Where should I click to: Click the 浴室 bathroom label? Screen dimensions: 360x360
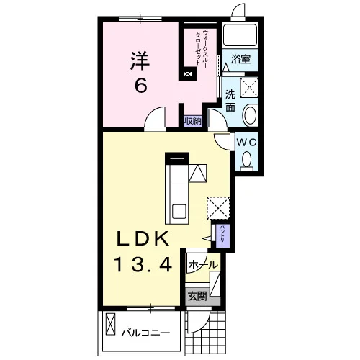coord(240,59)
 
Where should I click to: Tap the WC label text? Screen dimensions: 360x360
coord(247,143)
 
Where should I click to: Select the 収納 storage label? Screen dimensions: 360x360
coord(193,121)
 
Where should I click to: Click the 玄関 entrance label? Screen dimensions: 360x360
coord(197,296)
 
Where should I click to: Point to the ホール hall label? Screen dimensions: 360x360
coord(203,265)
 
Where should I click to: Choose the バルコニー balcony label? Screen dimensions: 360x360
coord(145,333)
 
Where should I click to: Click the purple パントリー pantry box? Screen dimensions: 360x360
coord(223,236)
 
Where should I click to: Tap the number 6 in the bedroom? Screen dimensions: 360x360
coord(140,86)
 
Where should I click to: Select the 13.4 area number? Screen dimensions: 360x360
coord(144,264)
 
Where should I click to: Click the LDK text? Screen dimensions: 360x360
coord(143,239)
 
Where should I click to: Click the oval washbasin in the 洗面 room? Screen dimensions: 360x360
coord(251,114)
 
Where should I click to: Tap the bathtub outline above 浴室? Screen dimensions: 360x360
coord(240,35)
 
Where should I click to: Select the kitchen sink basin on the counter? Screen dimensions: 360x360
coord(179,211)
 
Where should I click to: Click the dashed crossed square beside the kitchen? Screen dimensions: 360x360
coord(218,208)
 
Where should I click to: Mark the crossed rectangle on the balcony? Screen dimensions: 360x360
coord(110,324)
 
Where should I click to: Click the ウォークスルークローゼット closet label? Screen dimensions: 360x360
coord(201,48)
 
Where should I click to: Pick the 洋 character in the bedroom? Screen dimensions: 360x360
coord(140,61)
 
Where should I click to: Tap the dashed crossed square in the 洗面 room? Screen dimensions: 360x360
coord(250,87)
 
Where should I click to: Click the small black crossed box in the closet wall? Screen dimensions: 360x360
coord(188,74)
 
